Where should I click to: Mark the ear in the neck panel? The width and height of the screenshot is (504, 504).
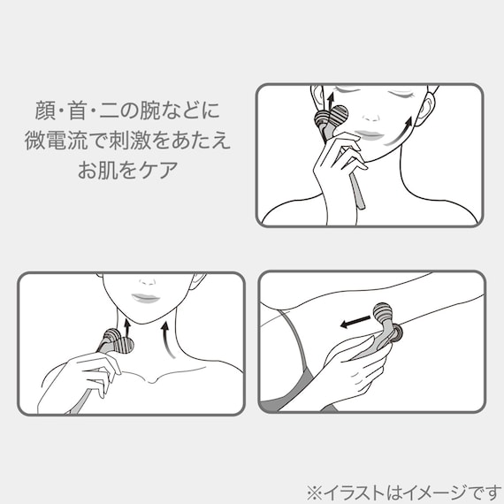(196, 284)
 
